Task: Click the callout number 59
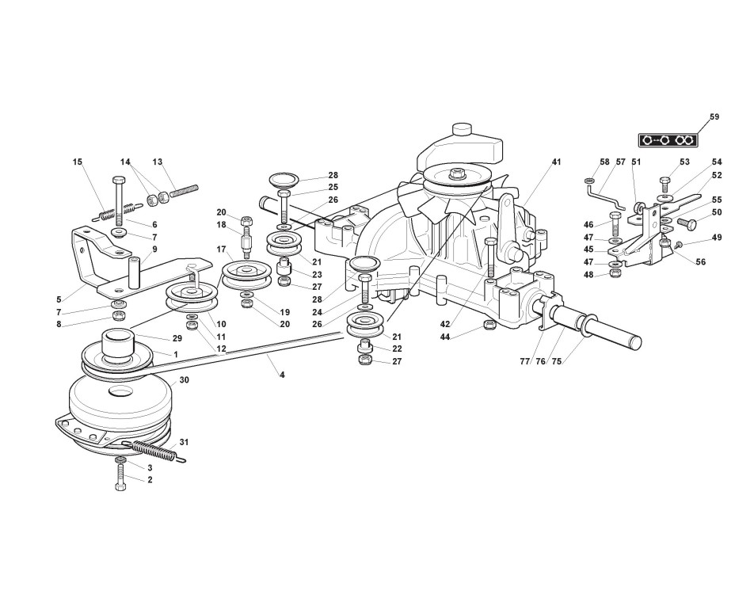714,117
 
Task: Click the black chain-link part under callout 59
669,140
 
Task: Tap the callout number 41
556,162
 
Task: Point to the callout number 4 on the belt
281,374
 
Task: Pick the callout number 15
77,162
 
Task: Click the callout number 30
184,381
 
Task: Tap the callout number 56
701,262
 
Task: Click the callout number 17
221,250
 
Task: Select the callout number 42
445,325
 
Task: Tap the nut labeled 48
615,274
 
